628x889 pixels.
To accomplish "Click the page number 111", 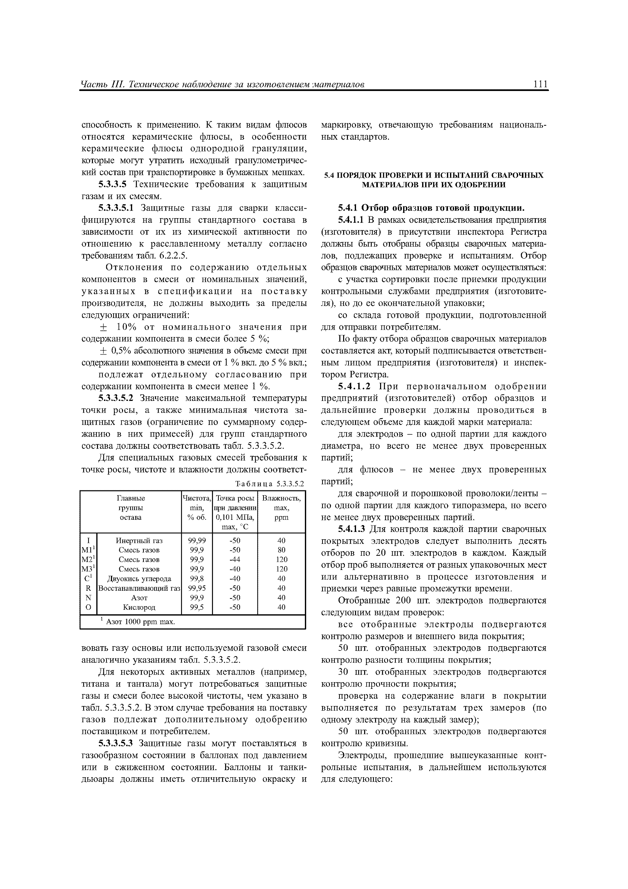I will tap(540, 84).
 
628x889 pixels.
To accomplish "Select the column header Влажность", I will tap(281, 498).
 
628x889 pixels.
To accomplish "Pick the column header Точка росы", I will tap(235, 498).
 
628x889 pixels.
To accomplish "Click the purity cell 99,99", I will tap(197, 541).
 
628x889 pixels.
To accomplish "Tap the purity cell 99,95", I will tap(197, 588).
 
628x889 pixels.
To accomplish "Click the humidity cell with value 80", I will tap(281, 550).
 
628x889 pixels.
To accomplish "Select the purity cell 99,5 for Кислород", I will tap(197, 607).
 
